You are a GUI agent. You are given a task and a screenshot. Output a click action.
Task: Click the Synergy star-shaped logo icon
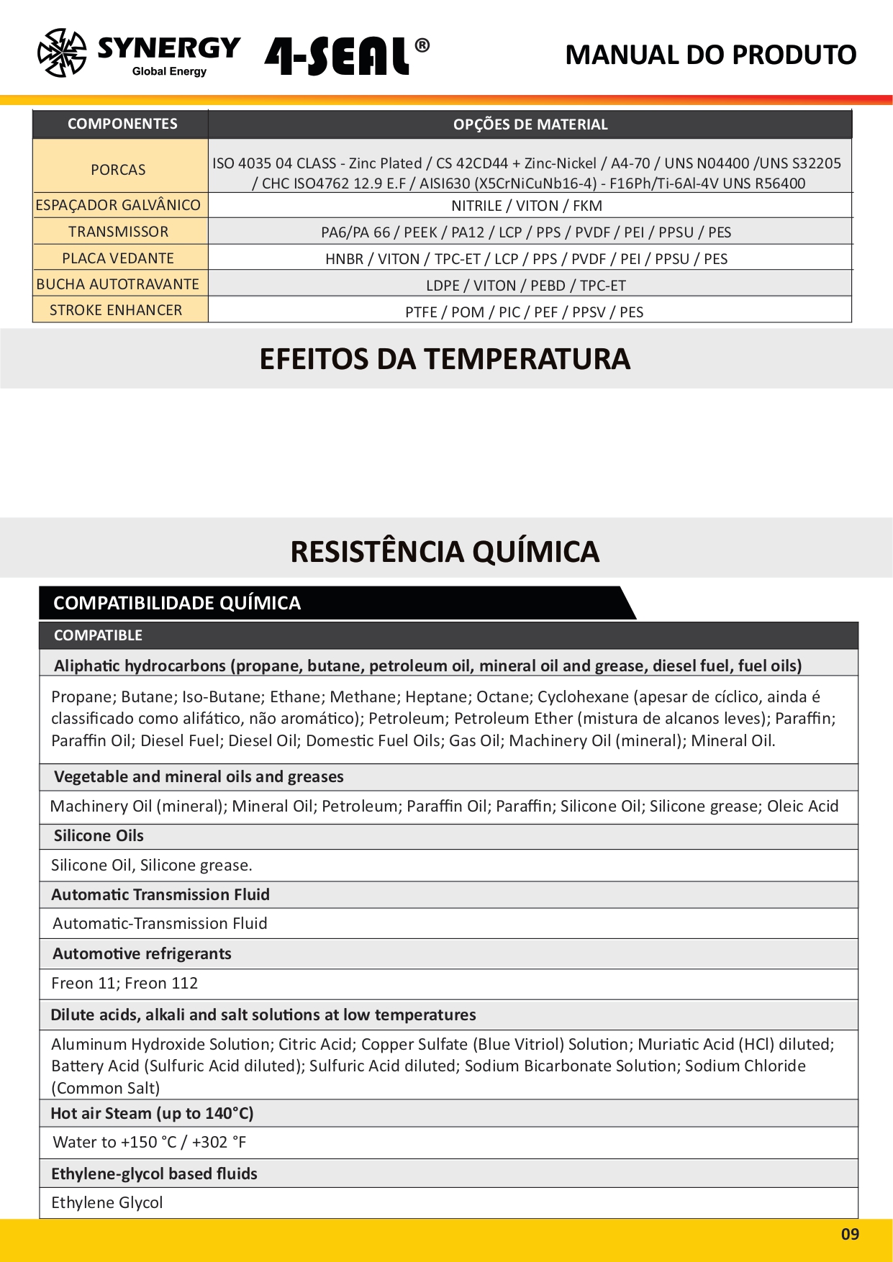coord(62,53)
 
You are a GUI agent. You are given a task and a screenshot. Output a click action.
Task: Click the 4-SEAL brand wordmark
coord(337,56)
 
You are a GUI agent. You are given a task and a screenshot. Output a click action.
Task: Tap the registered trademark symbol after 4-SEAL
coord(422,46)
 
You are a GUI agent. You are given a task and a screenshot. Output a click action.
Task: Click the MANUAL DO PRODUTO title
coord(710,55)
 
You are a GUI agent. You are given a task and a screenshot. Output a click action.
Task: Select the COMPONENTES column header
coord(122,124)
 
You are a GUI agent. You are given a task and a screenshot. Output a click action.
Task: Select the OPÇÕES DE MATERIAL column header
coord(530,124)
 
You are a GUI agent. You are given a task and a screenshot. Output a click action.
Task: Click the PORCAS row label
coord(118,170)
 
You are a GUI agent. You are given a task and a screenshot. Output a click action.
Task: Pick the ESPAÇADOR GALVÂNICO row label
coord(118,205)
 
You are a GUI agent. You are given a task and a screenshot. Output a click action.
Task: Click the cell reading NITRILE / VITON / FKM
coord(527,206)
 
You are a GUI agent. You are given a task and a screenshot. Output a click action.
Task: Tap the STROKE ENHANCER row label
coord(116,310)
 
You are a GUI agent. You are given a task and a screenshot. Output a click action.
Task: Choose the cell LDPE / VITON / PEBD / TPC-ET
coord(526,286)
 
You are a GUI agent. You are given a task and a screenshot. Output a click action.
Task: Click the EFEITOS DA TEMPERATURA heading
coord(445,359)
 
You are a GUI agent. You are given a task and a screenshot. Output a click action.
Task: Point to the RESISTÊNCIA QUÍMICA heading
coord(445,552)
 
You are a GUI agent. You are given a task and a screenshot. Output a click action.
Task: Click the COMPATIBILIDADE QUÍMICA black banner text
coord(177,603)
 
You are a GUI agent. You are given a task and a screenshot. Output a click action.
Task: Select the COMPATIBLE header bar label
coord(98,635)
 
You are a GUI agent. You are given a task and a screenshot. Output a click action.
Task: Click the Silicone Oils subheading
coord(99,835)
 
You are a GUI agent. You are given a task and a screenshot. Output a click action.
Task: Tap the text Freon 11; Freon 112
coord(124,983)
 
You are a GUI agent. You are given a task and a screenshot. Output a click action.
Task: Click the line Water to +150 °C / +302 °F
coord(150,1142)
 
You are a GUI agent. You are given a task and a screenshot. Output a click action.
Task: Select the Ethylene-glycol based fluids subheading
coord(154,1174)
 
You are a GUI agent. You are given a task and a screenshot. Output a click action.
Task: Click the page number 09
coord(850,1235)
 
